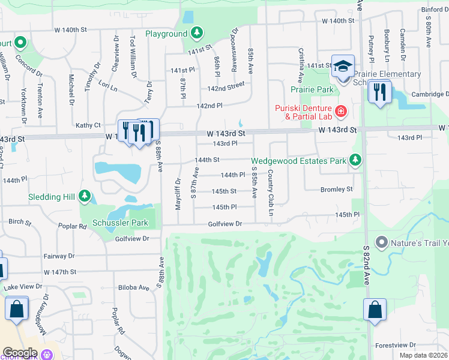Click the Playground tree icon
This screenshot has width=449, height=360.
[197, 34]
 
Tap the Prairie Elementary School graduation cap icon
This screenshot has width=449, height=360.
[343, 66]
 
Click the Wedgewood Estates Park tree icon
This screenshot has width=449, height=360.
[356, 160]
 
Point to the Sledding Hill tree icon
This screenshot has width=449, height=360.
[85, 196]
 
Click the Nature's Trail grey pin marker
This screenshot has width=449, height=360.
[381, 242]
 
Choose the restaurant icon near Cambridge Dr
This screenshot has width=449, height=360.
[379, 92]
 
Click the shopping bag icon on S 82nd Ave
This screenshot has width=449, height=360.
[375, 310]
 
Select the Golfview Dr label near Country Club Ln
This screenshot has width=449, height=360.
[224, 224]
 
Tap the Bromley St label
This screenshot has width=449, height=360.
[336, 190]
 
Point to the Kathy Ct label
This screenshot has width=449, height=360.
[88, 125]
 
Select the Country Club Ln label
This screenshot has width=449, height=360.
[271, 193]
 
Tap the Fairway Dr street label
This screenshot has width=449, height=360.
[59, 256]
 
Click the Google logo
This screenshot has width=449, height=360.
[20, 352]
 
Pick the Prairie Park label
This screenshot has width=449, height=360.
[316, 90]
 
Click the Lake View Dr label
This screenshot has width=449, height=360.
[23, 287]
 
